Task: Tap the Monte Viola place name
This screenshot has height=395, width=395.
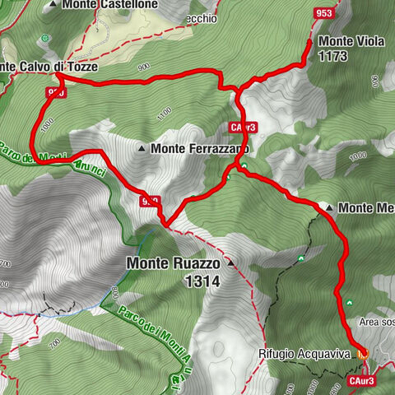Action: coord(346,41)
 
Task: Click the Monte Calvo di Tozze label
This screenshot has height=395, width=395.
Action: coord(49,67)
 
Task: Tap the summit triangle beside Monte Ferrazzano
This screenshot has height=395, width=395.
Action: coord(143,149)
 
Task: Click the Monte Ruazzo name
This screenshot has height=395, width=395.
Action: coord(173,264)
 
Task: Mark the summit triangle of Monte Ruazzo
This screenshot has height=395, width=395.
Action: coord(230,264)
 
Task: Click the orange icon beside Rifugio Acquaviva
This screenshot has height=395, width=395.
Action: coord(363,353)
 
